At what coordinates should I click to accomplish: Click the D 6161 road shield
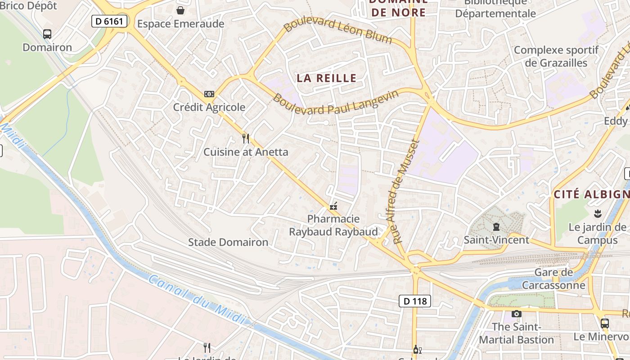tap(110, 21)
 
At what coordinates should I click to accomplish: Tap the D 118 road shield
tap(415, 301)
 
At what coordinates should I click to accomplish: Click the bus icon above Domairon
tap(47, 34)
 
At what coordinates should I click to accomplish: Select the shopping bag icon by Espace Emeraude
tap(180, 10)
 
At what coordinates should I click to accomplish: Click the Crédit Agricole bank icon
tap(209, 94)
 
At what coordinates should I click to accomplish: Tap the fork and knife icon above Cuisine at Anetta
tap(246, 138)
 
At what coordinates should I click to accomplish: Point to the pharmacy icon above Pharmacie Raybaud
tap(333, 206)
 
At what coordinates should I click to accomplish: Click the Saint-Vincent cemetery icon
tap(496, 226)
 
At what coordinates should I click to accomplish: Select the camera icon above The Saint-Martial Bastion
tap(516, 314)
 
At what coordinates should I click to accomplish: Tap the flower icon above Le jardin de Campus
tap(598, 213)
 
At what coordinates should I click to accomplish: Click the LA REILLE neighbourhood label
tap(327, 78)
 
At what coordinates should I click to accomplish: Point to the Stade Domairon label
tap(228, 242)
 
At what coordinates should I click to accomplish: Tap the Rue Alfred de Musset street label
tap(403, 192)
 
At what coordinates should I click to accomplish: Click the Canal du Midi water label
tap(198, 299)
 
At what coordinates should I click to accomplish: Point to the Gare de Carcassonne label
tap(553, 279)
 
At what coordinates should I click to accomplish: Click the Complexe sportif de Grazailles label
tap(556, 56)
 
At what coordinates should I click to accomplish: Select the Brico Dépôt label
tap(29, 6)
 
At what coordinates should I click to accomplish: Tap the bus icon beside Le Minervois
tap(605, 323)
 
